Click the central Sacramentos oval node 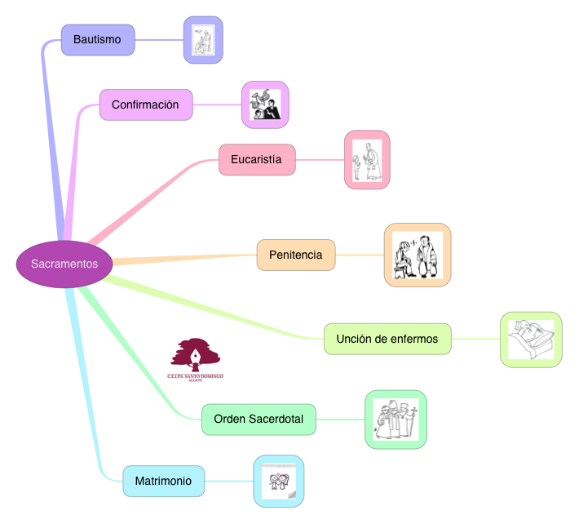[64, 264]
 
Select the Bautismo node [97, 39]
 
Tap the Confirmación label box [145, 104]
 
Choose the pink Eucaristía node [256, 159]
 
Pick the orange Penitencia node [295, 255]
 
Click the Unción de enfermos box [387, 339]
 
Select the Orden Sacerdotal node [259, 419]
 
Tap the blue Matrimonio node [163, 481]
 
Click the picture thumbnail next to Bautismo [202, 40]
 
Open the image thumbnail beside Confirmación [265, 104]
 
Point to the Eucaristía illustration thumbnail [366, 160]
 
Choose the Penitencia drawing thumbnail [417, 255]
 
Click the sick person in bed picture [531, 340]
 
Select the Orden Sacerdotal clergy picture [396, 420]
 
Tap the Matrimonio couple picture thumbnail [278, 481]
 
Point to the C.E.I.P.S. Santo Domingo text [195, 376]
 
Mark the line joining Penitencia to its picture [359, 255]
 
